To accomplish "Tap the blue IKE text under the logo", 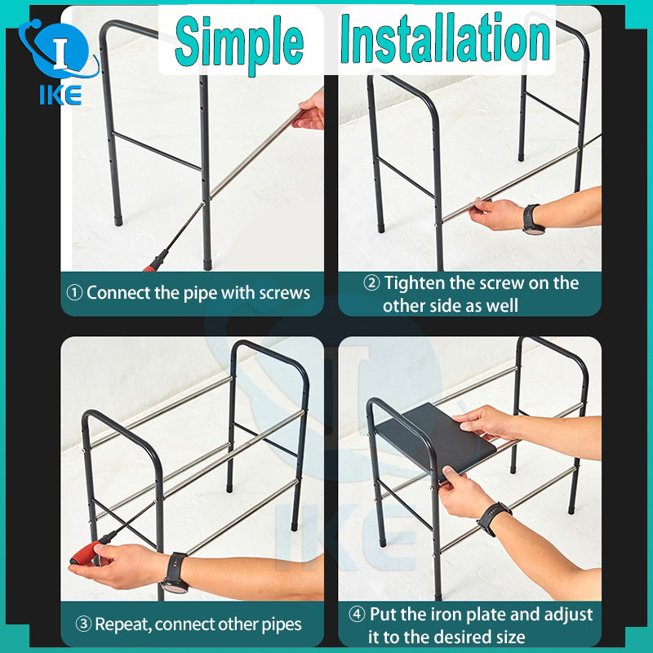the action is [x=60, y=96].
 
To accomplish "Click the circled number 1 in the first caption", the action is [x=74, y=293].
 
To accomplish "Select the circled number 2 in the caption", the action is [x=371, y=283].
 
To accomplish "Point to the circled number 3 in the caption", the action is [x=83, y=624].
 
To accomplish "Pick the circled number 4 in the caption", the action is [x=357, y=615].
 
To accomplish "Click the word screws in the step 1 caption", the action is [x=284, y=294].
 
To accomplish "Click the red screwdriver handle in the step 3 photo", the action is [x=85, y=553].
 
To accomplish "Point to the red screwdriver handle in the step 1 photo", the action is [x=155, y=261].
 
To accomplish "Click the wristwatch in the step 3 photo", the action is [x=175, y=573].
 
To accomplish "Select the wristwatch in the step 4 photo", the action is [x=495, y=518].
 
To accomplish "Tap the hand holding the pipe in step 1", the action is [x=309, y=111].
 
